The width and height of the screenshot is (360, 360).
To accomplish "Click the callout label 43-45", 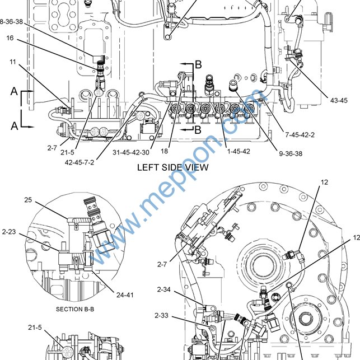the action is [339, 100].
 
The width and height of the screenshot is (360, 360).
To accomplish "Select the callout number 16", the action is [10, 38].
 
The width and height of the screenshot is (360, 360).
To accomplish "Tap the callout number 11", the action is [13, 62].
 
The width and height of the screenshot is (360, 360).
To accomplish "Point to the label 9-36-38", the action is [291, 153].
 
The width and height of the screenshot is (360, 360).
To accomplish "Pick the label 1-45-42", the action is [239, 151].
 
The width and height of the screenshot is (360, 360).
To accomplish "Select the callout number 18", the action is [164, 151].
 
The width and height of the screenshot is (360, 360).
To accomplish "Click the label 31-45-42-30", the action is [131, 152].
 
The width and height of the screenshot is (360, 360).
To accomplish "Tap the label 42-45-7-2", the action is [80, 162].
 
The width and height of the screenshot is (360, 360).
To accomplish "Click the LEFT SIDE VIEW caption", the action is [173, 167].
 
